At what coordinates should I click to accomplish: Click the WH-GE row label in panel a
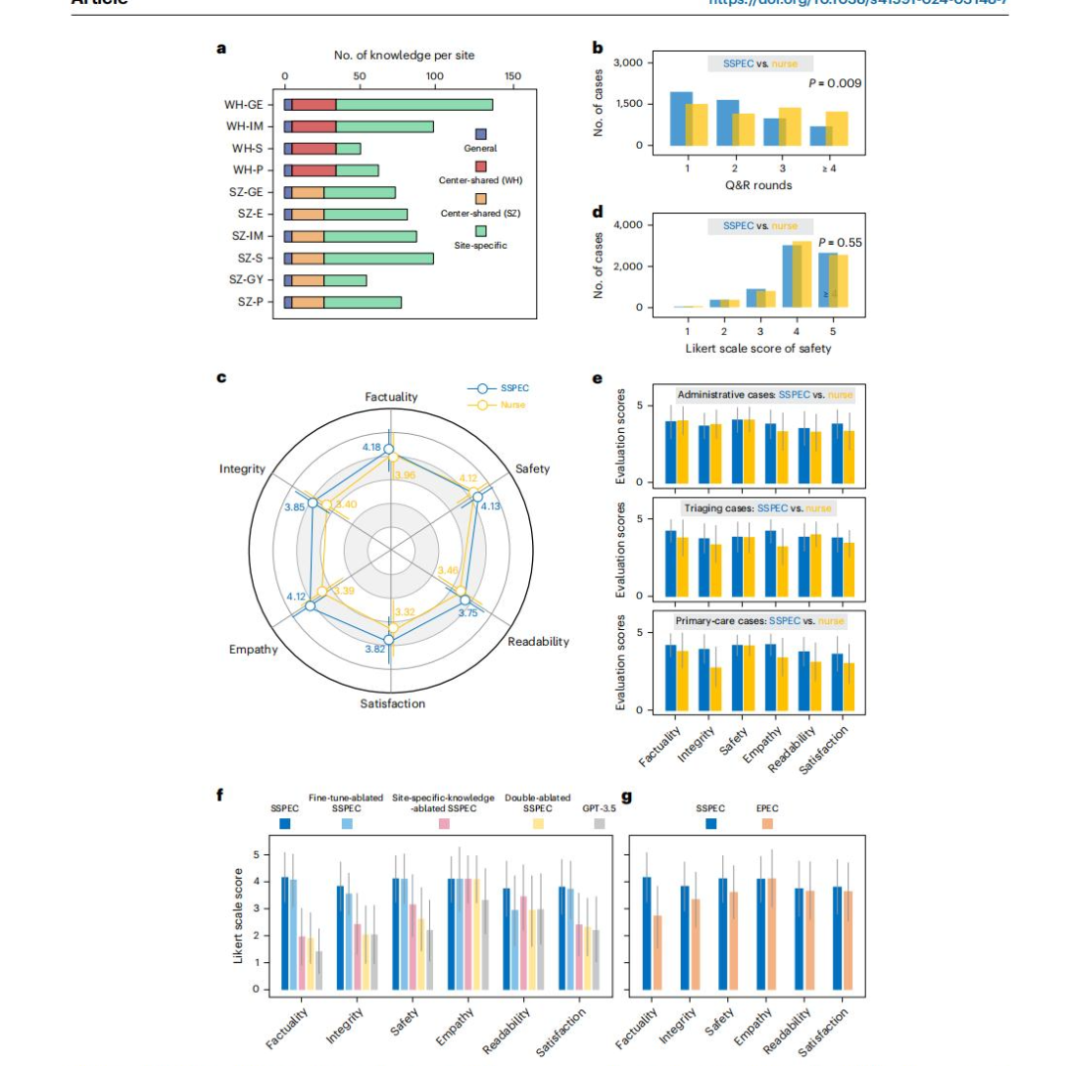[x=243, y=104]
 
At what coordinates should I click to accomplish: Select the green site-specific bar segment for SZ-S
[x=377, y=259]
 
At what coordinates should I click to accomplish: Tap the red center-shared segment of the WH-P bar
[x=313, y=170]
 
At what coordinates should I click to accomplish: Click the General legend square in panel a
[x=481, y=134]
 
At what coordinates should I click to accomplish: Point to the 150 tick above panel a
[x=512, y=75]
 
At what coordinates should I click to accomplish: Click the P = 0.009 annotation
[x=834, y=83]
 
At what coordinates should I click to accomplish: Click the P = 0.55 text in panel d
[x=840, y=243]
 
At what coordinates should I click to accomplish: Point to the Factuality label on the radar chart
[x=390, y=396]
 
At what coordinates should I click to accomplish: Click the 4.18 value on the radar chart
[x=373, y=448]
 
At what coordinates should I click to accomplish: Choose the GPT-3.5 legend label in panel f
[x=599, y=808]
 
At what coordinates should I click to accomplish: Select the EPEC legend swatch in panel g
[x=768, y=823]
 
